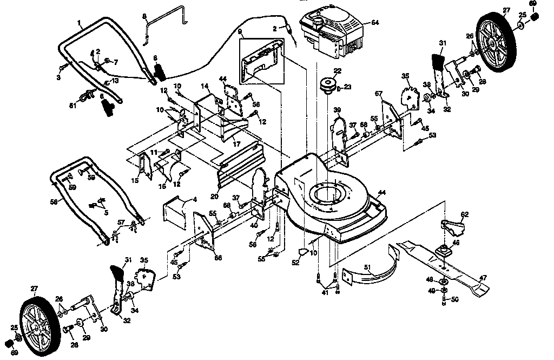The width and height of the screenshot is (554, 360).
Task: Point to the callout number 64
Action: click(x=375, y=22)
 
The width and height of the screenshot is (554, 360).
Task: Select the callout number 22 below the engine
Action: click(x=337, y=70)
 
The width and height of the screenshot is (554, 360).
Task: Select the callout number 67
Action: click(x=379, y=94)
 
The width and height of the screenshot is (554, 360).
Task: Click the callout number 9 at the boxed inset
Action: click(x=240, y=32)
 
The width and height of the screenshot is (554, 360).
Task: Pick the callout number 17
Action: click(x=236, y=144)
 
